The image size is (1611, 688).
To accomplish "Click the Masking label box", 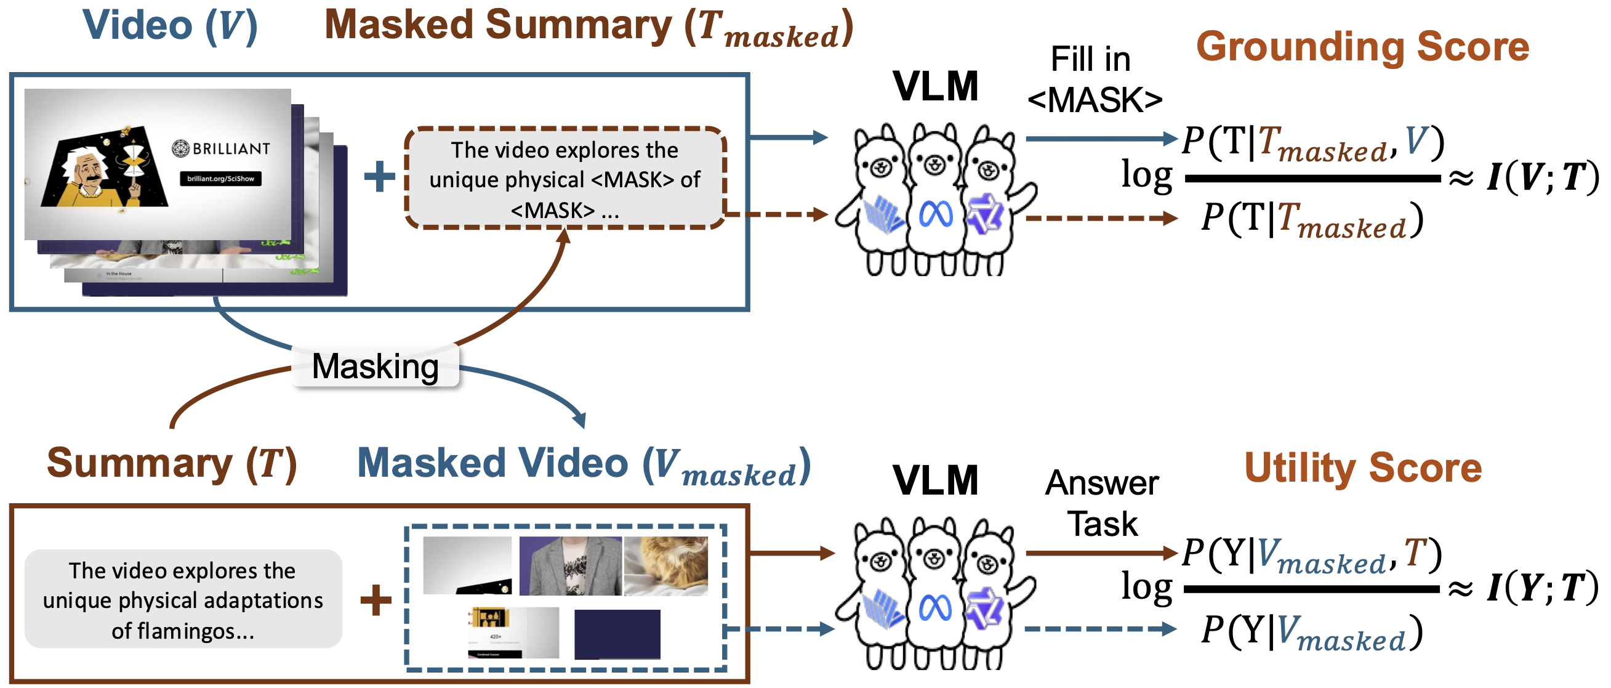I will click(376, 366).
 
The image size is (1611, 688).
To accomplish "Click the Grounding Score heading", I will click(1362, 47).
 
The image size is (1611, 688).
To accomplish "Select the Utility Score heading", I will click(1363, 467).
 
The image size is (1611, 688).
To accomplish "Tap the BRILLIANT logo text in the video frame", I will click(222, 148).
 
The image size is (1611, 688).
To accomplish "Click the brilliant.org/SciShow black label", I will click(221, 179).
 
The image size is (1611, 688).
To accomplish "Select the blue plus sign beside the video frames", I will click(380, 176).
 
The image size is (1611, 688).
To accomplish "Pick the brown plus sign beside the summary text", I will click(376, 600).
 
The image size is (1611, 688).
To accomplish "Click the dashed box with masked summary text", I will click(564, 179).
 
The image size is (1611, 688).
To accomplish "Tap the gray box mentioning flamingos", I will click(183, 600).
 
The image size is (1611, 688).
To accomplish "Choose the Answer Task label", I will click(1102, 503).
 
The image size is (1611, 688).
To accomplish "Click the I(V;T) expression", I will click(1542, 177).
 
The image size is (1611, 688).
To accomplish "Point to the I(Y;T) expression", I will click(1542, 588).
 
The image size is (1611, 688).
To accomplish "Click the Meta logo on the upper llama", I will click(936, 215).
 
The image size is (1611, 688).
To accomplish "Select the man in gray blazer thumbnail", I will click(571, 565).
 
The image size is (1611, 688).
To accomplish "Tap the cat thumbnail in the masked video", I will click(665, 565).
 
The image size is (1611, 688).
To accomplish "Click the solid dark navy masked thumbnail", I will click(617, 634).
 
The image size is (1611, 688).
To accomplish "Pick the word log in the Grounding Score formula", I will click(1146, 175).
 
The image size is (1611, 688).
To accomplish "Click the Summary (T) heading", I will click(171, 463).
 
